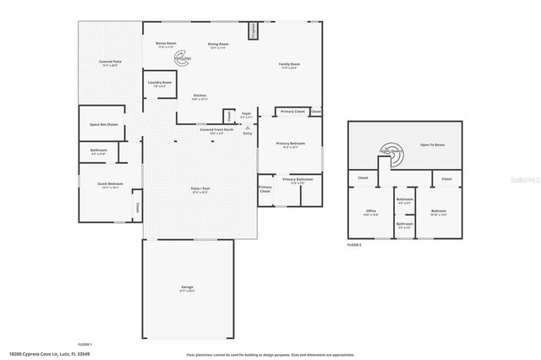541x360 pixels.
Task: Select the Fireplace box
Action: point(252,31)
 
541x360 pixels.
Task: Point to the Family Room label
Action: point(290,66)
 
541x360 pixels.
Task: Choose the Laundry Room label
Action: point(159,84)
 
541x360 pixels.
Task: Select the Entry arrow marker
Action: point(248,127)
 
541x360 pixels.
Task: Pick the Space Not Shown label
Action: point(104,125)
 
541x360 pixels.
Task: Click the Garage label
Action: point(187,289)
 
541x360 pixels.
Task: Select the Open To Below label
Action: point(433,145)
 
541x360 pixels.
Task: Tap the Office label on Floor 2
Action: point(370,212)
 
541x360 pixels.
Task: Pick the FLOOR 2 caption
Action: point(354,244)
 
